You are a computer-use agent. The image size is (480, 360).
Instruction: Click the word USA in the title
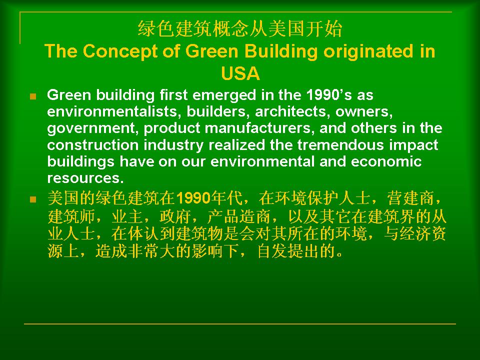pos(240,73)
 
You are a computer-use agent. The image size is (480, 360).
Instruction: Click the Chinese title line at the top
pos(240,29)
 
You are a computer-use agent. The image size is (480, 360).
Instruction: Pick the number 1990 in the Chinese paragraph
pos(193,198)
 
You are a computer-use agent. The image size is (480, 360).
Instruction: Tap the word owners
pos(364,112)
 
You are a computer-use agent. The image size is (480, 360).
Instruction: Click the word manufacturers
pos(260,128)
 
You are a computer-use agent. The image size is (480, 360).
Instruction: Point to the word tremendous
pos(340,145)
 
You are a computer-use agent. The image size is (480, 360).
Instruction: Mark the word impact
pos(413,145)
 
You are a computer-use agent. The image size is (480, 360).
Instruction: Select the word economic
pos(386,161)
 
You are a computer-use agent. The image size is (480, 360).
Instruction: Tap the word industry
pos(173,145)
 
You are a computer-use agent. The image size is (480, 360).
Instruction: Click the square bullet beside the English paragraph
pos(33,96)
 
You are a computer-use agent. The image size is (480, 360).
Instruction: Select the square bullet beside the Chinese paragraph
pos(33,200)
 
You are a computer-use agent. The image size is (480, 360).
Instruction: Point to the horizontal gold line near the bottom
pos(240,323)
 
